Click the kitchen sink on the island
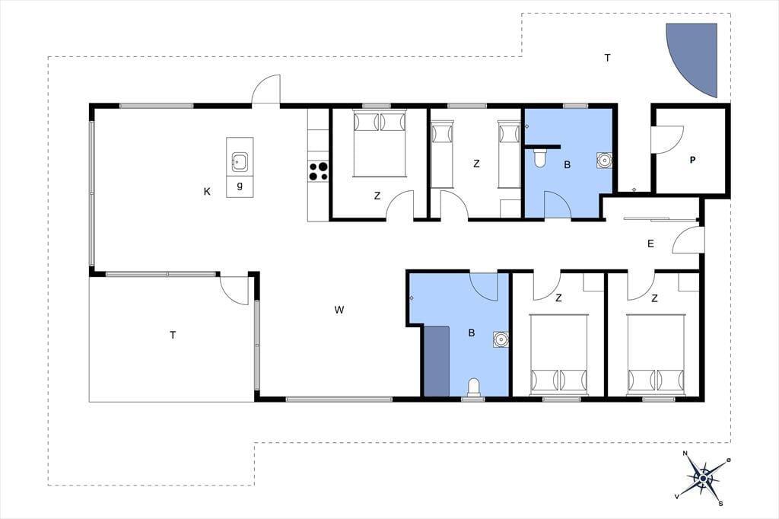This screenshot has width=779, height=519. [240, 162]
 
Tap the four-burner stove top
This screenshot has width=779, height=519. [318, 171]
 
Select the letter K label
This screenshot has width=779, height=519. [207, 192]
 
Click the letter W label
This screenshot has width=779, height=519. [339, 310]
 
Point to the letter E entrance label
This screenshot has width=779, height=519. [650, 244]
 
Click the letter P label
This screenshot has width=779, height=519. [692, 160]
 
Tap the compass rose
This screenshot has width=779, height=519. [703, 478]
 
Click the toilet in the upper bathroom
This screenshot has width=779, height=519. [539, 158]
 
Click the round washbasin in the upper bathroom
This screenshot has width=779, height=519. [603, 161]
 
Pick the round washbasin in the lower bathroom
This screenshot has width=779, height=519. [501, 339]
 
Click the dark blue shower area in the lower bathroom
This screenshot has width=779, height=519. [437, 361]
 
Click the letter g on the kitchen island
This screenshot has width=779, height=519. [240, 186]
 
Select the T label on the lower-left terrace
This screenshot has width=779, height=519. [173, 335]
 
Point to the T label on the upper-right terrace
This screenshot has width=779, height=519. [607, 58]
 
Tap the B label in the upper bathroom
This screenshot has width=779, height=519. [568, 165]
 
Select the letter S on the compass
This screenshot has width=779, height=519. [720, 504]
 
